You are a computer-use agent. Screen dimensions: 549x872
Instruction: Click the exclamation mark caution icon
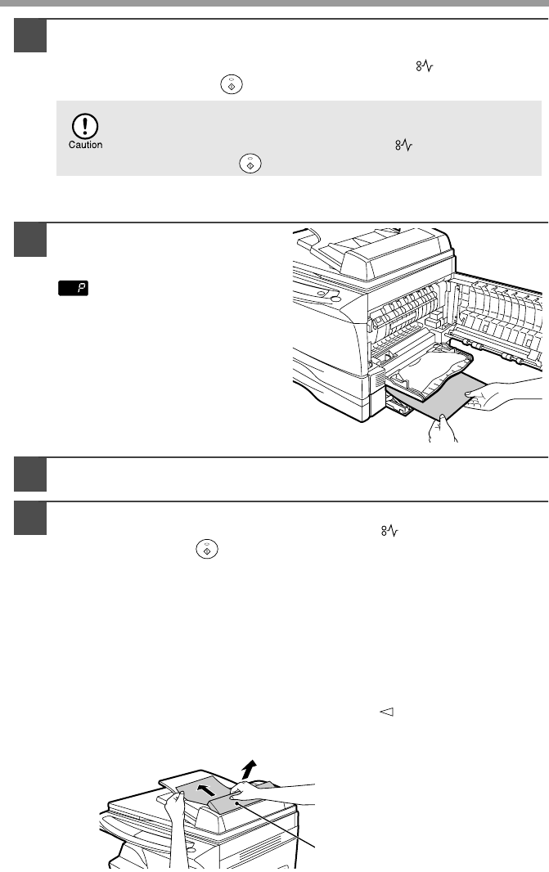pyautogui.click(x=85, y=126)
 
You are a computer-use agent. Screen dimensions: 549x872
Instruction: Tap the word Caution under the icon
pyautogui.click(x=85, y=145)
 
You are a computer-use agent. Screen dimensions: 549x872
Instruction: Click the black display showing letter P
pyautogui.click(x=74, y=288)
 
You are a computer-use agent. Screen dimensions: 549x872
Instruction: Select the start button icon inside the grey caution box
pyautogui.click(x=250, y=164)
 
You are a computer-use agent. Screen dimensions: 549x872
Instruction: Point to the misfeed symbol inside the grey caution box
pyautogui.click(x=404, y=146)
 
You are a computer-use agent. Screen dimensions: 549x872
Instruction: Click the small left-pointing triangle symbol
pyautogui.click(x=386, y=712)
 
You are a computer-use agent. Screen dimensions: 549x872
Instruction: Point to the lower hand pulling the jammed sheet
pyautogui.click(x=443, y=428)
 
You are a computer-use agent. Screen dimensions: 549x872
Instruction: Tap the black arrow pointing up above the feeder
pyautogui.click(x=250, y=771)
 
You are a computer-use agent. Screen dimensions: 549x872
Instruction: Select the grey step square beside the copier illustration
pyautogui.click(x=30, y=240)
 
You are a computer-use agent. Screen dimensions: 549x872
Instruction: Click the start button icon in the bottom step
pyautogui.click(x=207, y=550)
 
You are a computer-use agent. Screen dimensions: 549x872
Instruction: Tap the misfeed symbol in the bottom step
pyautogui.click(x=390, y=531)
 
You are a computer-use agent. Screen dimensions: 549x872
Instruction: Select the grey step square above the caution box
pyautogui.click(x=30, y=36)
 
